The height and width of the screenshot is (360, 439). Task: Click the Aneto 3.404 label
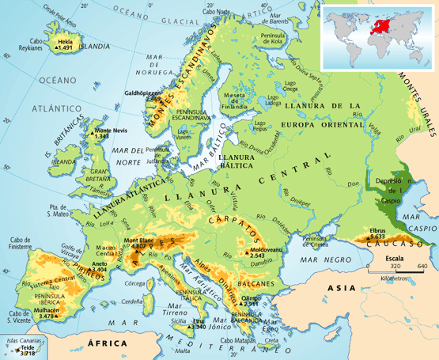point(99,267)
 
